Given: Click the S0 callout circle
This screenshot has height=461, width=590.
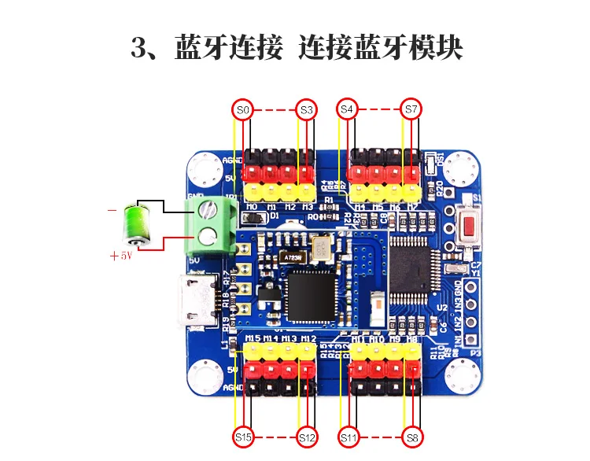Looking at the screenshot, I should pyautogui.click(x=243, y=110).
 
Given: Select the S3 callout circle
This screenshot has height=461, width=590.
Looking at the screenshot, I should pyautogui.click(x=306, y=110).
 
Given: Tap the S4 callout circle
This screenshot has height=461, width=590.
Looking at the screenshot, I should pyautogui.click(x=348, y=110).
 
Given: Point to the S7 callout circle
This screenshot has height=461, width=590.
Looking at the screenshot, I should pyautogui.click(x=410, y=110).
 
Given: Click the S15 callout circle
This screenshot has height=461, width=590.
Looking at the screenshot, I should pyautogui.click(x=243, y=436).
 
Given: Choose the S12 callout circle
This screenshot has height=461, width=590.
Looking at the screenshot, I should pyautogui.click(x=306, y=436).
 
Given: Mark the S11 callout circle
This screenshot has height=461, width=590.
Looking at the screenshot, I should pyautogui.click(x=348, y=436).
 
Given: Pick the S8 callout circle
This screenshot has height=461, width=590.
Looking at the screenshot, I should pyautogui.click(x=410, y=436).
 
